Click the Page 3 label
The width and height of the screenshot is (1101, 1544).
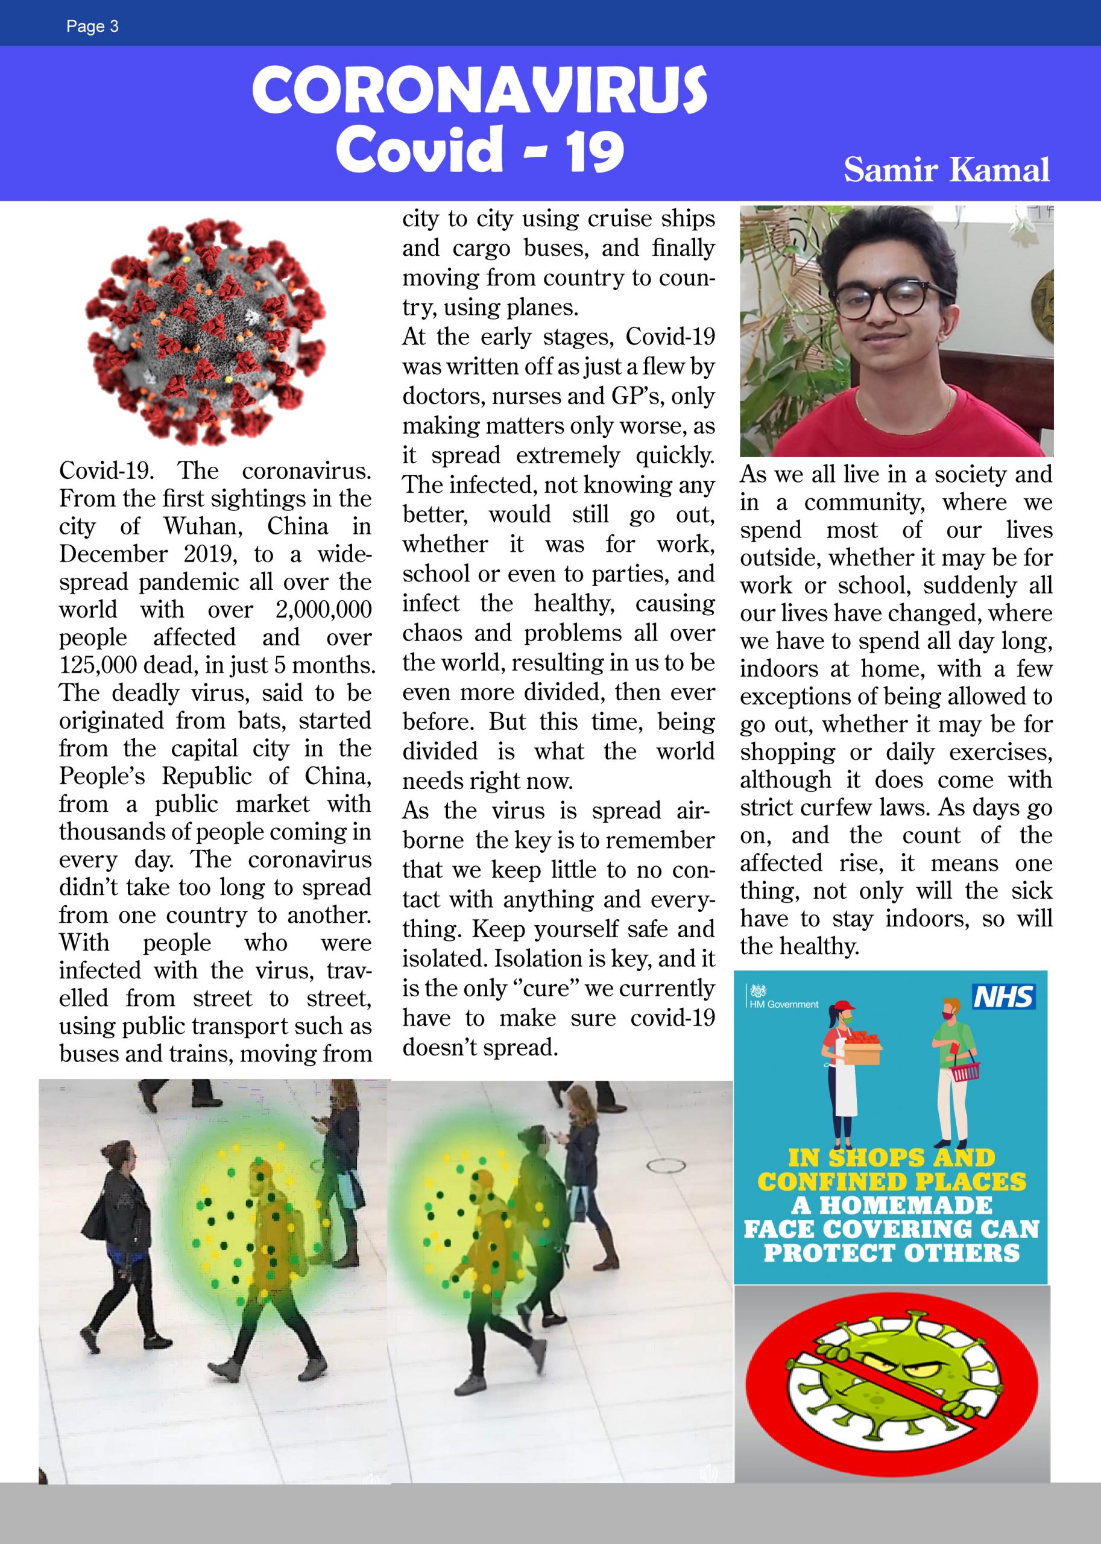coord(92,27)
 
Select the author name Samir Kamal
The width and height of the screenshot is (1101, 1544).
coord(947,169)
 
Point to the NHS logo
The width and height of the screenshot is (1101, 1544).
coord(1003,997)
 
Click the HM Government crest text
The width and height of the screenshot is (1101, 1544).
coord(784,1004)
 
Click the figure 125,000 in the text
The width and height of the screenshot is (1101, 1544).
coord(98,666)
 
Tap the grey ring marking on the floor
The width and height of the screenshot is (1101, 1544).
coord(666,1166)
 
